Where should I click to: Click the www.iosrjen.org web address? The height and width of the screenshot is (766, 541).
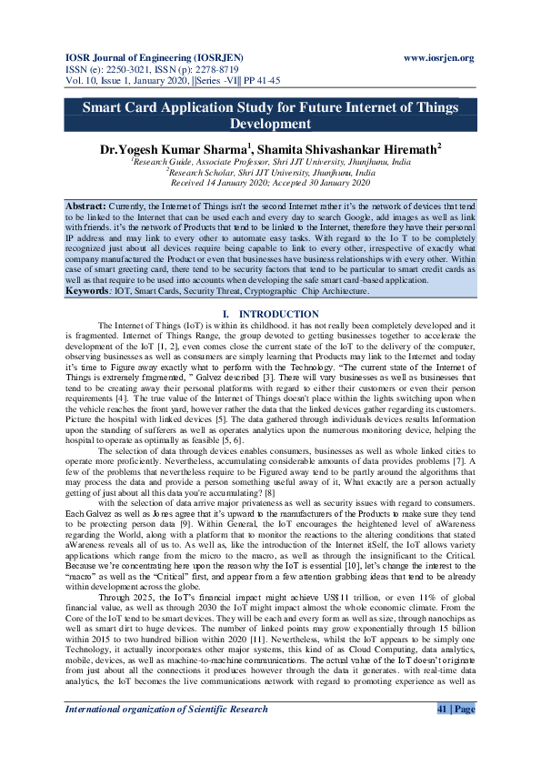click(x=437, y=58)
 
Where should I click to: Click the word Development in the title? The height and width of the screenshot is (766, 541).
click(x=270, y=124)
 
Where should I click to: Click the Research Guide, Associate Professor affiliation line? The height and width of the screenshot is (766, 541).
click(x=271, y=160)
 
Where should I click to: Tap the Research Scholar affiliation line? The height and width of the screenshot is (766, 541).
click(x=271, y=170)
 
